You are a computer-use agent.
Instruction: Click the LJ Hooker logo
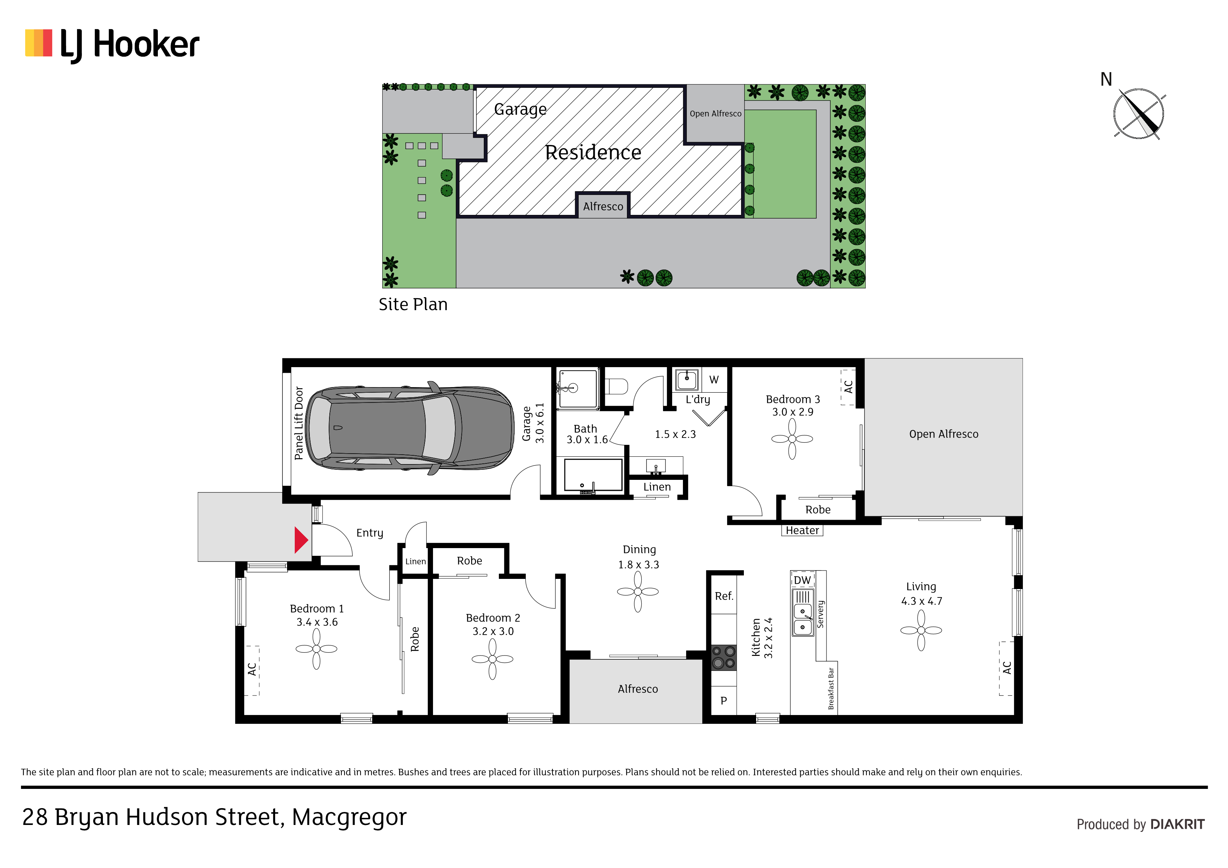coord(112,45)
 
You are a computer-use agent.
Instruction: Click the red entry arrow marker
coord(301,540)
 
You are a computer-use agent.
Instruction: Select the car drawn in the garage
coord(411,428)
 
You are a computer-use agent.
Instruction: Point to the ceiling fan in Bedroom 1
coord(317,649)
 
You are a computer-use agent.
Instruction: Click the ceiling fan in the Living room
coord(921,630)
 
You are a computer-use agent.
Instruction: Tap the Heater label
coord(802,531)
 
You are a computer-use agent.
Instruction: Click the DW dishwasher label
coord(802,580)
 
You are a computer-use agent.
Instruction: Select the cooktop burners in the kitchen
coord(724,658)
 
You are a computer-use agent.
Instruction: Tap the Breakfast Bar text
coord(831,688)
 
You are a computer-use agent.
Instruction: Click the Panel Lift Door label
coord(299,423)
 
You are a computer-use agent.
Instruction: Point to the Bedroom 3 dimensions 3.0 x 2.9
coord(793,412)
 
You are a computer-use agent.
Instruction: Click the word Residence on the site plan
coord(593,152)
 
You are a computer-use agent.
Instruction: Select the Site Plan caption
coord(413,304)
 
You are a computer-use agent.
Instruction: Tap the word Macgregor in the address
coord(349,818)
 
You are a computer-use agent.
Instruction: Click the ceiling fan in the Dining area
coord(638,591)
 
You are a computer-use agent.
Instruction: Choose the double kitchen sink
coord(803,619)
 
